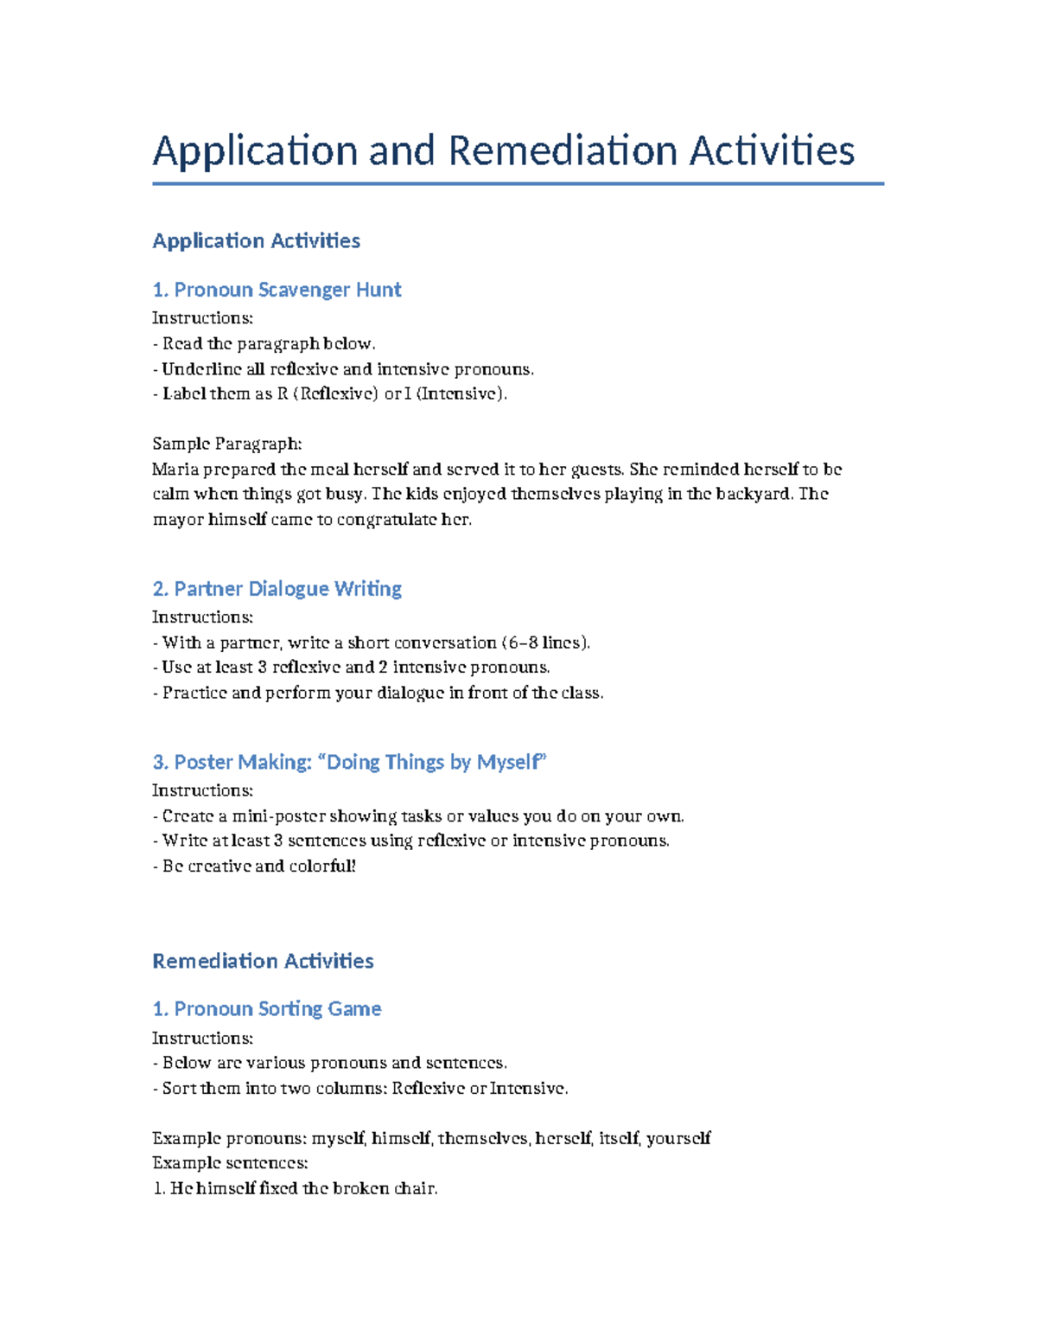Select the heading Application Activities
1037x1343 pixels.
(256, 240)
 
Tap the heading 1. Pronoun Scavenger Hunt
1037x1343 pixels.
(277, 290)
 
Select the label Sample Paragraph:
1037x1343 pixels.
(226, 444)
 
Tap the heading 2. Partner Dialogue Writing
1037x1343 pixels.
(277, 589)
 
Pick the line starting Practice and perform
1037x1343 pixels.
(378, 693)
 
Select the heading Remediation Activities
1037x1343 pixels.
(263, 961)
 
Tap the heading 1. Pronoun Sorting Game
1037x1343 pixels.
(266, 1009)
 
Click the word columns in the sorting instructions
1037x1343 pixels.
(349, 1089)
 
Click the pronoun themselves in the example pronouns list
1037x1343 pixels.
(482, 1139)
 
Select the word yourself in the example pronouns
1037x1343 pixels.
(678, 1139)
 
